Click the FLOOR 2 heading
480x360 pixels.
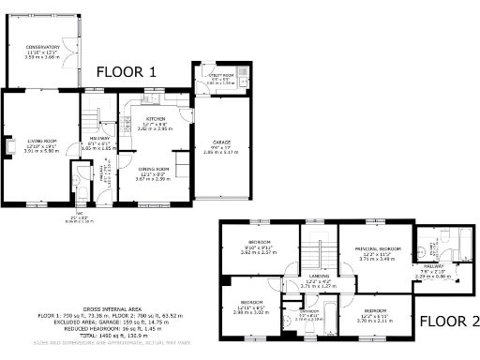(448, 321)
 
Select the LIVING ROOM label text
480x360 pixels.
(39, 141)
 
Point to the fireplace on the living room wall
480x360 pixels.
(8, 145)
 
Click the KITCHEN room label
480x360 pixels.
(156, 120)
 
